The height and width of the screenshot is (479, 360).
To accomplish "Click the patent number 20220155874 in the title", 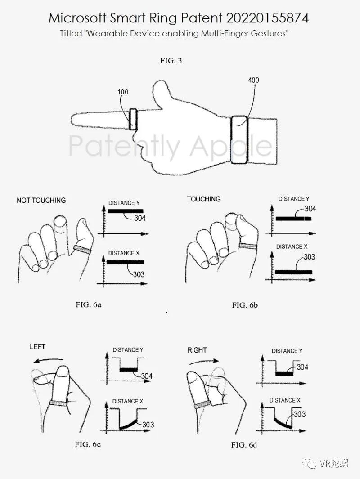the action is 267,18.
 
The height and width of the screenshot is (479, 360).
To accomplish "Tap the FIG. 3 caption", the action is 171,60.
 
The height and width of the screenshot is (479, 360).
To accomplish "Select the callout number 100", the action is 123,92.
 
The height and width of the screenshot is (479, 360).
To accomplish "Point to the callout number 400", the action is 253,80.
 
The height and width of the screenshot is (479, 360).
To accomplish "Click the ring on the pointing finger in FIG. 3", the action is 133,119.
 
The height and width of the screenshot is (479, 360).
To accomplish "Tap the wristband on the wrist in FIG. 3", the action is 239,139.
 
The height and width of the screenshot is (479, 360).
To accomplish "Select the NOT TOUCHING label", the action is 41,201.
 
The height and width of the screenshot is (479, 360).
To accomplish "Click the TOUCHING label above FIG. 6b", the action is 204,199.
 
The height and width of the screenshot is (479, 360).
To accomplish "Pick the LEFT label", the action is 38,347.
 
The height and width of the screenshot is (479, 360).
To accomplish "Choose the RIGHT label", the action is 197,350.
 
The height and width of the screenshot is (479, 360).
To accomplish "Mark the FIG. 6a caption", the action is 89,304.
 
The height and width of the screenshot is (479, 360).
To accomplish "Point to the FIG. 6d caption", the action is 244,445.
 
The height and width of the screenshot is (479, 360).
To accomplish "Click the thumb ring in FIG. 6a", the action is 82,250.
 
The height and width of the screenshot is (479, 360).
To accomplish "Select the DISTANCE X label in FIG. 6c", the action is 127,401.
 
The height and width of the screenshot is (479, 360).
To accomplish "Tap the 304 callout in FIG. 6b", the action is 310,209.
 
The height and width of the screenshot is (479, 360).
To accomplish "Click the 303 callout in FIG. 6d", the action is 300,414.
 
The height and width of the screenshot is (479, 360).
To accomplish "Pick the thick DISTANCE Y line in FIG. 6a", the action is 125,211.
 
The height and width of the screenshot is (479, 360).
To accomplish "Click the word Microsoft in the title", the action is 77,18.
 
